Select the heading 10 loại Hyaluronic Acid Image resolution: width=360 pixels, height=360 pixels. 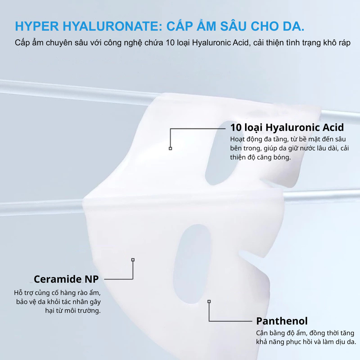pos(287,127)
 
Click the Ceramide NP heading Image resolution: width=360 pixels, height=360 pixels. pos(66,279)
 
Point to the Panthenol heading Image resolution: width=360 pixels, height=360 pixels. pos(282,321)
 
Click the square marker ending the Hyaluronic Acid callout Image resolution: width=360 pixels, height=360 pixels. pos(170,148)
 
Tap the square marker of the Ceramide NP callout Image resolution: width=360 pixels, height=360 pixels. pos(133,260)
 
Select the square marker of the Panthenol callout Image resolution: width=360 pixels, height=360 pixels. pos(209,301)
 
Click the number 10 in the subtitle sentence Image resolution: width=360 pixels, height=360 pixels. pos(170,43)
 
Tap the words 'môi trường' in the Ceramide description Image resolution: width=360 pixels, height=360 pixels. pos(84,311)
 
